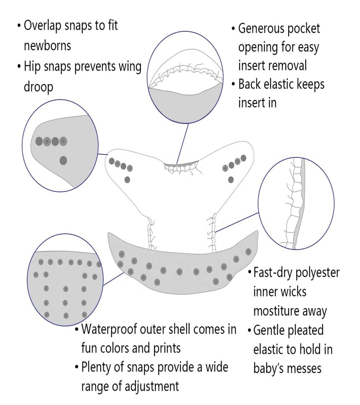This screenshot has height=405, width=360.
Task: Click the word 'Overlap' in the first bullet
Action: [x=42, y=26]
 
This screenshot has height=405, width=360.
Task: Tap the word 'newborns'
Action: [x=47, y=46]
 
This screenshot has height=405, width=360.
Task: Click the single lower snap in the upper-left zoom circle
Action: [x=63, y=160]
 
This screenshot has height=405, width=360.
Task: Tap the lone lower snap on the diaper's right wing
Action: [x=231, y=180]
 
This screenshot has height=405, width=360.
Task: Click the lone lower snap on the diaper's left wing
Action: [x=127, y=180]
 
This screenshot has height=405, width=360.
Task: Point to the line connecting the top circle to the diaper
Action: [x=182, y=143]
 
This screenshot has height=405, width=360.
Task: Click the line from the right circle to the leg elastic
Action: [x=237, y=222]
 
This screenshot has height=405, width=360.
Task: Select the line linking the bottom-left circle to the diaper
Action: [x=113, y=279]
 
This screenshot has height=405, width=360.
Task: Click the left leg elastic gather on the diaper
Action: [x=151, y=233]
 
